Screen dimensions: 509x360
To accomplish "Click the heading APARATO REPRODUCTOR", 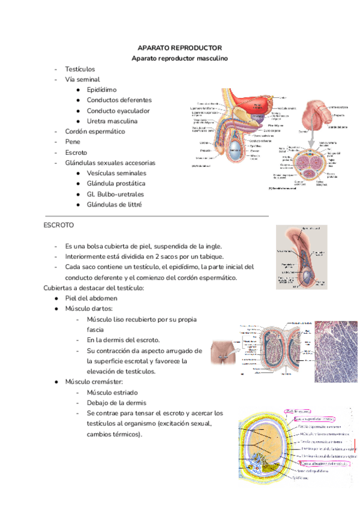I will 180,47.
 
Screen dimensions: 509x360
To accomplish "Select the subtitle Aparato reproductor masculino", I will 180,58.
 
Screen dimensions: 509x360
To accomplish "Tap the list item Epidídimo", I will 101,89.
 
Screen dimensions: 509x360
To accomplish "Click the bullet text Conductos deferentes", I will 119,100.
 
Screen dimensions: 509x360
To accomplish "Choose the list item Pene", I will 72,142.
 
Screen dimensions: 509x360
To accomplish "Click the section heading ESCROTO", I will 58,225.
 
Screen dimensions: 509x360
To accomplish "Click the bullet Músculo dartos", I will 89,309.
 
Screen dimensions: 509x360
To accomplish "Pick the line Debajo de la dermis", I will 118,403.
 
